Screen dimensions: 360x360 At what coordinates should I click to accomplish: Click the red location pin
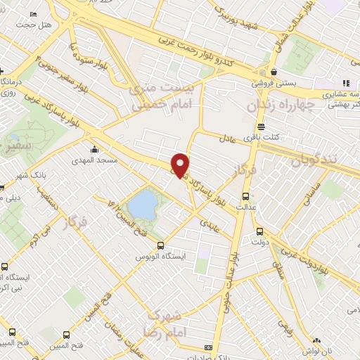point(181,165)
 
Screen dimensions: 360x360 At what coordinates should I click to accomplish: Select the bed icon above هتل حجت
point(33,15)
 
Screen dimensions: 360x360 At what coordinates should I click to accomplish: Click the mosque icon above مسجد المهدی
point(94,149)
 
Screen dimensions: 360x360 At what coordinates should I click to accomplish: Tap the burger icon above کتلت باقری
point(262,127)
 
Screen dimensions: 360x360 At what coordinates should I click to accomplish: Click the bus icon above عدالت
point(245,196)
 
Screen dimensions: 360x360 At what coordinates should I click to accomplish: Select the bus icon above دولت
point(259,231)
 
